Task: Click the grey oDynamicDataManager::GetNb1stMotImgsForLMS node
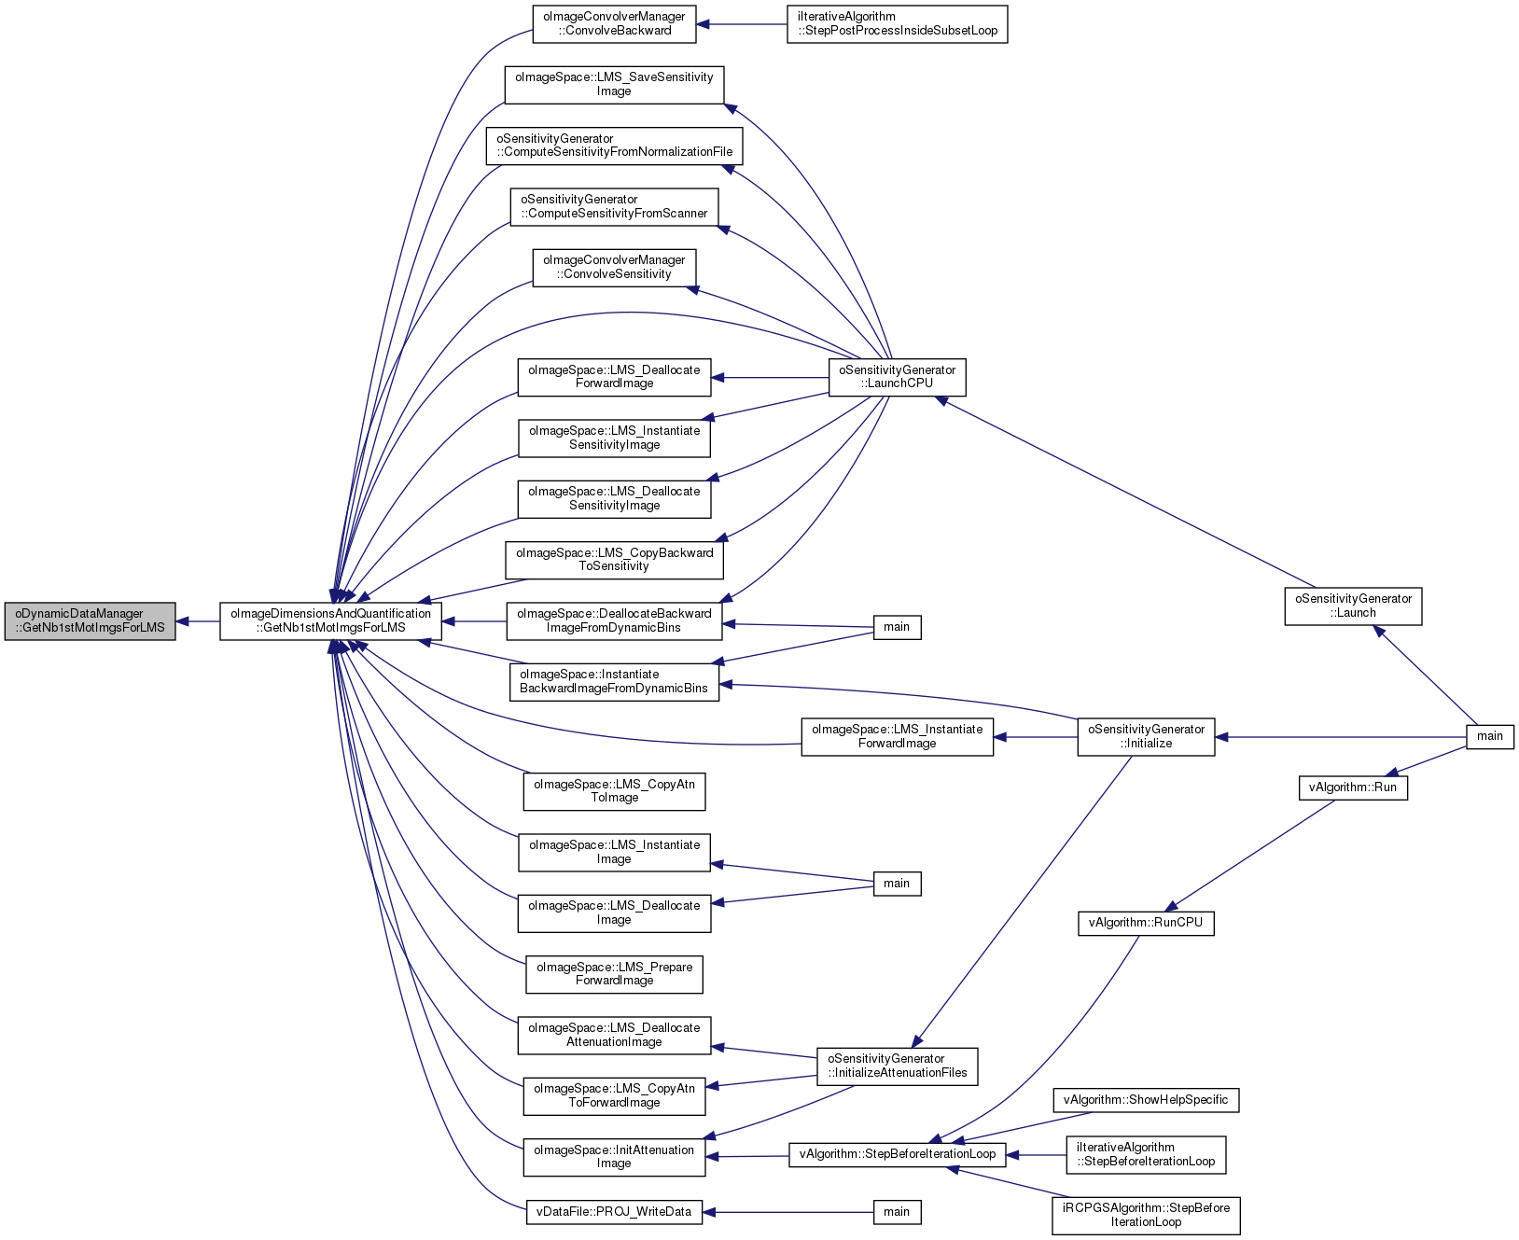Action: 90,620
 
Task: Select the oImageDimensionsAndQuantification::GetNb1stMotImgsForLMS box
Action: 330,620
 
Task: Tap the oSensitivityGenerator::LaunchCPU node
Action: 898,377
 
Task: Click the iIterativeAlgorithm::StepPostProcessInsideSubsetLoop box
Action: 898,24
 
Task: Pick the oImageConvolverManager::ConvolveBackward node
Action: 614,24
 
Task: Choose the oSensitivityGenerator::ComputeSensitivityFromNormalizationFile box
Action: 614,146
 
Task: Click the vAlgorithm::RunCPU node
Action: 1146,923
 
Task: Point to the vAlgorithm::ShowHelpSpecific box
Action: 1146,1100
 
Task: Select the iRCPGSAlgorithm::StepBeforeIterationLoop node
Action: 1146,1215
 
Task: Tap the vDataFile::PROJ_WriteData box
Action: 614,1212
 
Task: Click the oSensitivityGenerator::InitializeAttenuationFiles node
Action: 898,1066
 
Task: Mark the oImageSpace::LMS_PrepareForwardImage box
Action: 614,974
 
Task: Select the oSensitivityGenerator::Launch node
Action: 1353,606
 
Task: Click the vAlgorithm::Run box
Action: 1353,787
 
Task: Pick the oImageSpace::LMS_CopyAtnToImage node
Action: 614,791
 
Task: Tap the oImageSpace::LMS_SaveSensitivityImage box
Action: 614,85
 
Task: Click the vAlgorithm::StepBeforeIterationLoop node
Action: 898,1154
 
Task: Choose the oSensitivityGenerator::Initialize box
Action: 1146,737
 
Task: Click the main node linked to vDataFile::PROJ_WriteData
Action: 897,1212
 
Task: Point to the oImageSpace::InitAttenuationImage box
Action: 614,1157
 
